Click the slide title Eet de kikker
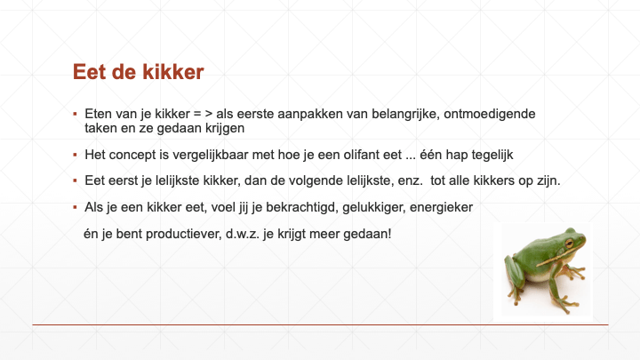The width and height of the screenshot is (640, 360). [139, 72]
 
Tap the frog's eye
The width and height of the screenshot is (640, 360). [569, 244]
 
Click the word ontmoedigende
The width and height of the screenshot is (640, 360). [490, 114]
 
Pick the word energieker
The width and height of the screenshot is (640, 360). [441, 207]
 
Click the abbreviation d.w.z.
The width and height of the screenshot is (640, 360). [243, 234]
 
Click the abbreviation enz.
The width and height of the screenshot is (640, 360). [410, 180]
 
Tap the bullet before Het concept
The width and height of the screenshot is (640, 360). [75, 155]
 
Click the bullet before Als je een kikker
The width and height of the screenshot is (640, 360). [75, 207]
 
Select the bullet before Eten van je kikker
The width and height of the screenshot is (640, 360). [75, 114]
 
